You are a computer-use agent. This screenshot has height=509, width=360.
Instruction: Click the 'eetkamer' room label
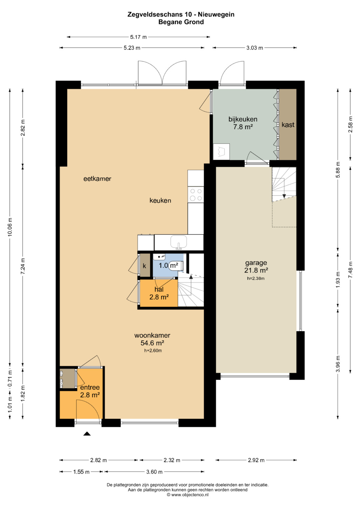tap(97, 179)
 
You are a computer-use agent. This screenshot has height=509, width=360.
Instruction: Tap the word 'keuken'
tap(160, 200)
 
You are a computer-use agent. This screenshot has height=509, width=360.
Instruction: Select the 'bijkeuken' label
tap(243, 119)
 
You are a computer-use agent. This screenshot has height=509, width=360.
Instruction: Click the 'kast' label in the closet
tap(288, 125)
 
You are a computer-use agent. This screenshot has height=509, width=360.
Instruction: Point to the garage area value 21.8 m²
tap(256, 270)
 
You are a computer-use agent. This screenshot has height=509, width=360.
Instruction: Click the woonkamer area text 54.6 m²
tap(152, 343)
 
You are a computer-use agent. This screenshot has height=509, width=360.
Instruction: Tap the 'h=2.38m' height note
tap(256, 278)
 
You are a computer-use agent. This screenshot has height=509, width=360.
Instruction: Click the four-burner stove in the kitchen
tap(196, 195)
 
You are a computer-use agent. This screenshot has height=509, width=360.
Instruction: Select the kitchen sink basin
tap(179, 242)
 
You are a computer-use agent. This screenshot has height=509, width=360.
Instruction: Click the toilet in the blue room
tap(176, 265)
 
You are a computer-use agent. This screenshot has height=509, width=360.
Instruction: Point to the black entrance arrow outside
tap(87, 434)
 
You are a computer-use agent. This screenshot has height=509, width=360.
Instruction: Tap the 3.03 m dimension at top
tap(255, 48)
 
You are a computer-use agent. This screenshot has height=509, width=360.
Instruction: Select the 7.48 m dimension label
tap(350, 270)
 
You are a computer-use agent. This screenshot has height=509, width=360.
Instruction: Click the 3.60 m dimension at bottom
tap(154, 472)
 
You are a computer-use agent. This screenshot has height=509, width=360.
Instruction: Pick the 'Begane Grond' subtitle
tap(181, 22)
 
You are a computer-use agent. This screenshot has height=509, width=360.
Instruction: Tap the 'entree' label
tap(90, 387)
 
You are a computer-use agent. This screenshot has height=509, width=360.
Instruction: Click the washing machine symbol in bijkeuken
tap(221, 152)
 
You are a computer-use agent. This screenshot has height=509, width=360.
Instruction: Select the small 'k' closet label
tap(144, 266)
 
